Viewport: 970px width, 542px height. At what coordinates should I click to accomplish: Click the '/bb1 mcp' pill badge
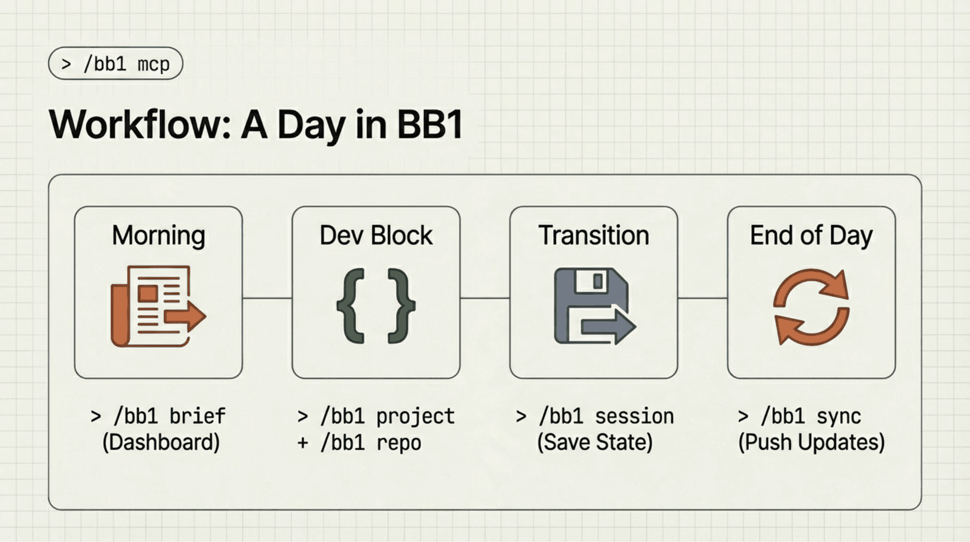click(115, 63)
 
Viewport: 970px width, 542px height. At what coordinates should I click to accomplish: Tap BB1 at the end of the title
click(430, 125)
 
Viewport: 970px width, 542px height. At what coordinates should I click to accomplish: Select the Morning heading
click(158, 235)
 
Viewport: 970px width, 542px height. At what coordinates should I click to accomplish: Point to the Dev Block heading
click(376, 235)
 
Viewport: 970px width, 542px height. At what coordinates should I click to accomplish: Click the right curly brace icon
click(401, 306)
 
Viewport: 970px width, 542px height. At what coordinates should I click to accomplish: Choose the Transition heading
click(593, 235)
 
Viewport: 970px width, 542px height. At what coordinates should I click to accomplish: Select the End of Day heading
click(811, 235)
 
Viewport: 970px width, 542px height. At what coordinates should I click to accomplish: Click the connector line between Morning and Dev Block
click(267, 298)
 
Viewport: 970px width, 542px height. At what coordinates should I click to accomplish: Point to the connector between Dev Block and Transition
click(485, 298)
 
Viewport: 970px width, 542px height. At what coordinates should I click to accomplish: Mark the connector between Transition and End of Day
click(702, 298)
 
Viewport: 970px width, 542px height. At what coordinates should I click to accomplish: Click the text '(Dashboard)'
click(161, 443)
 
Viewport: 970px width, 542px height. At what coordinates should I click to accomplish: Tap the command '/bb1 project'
click(387, 416)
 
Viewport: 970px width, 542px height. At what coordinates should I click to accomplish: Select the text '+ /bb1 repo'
click(359, 443)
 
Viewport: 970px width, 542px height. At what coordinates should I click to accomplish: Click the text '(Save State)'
click(595, 443)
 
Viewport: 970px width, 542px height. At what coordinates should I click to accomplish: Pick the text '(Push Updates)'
click(811, 443)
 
